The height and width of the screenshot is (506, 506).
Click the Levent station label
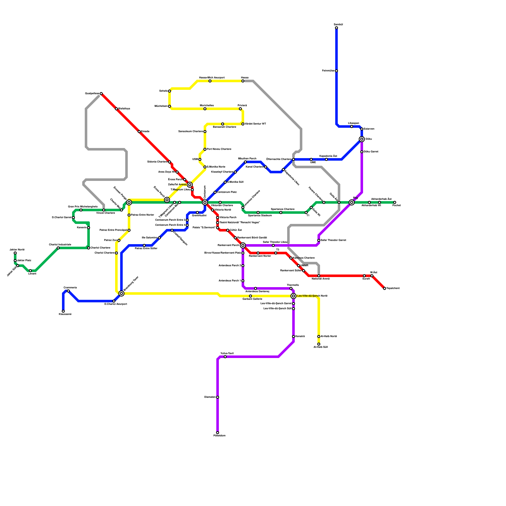pyautogui.click(x=32, y=274)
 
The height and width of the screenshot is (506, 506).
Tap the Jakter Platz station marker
pyautogui.click(x=15, y=261)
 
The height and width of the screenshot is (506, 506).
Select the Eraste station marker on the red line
pyautogui.click(x=139, y=132)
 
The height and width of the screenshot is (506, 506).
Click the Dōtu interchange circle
pyautogui.click(x=362, y=139)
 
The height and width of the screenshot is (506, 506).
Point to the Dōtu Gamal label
pyautogui.click(x=371, y=152)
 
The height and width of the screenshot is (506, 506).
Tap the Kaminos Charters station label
pyautogui.click(x=304, y=258)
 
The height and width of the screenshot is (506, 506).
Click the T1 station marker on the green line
pyautogui.click(x=306, y=213)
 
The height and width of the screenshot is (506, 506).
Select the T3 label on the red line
pyautogui.click(x=278, y=250)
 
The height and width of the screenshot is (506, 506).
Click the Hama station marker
pyautogui.click(x=243, y=81)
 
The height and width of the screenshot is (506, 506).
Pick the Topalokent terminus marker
pyautogui.click(x=385, y=288)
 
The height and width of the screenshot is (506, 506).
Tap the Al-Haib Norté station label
pyautogui.click(x=329, y=336)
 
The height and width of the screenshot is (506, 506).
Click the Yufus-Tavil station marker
pyautogui.click(x=225, y=357)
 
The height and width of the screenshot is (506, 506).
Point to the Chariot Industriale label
pyautogui.click(x=60, y=244)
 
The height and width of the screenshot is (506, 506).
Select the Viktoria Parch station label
pyautogui.click(x=228, y=218)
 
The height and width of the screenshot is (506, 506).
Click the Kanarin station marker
pyautogui.click(x=89, y=228)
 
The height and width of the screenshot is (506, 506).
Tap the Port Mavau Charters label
pyautogui.click(x=219, y=149)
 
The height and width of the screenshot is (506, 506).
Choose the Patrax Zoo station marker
pyautogui.click(x=119, y=240)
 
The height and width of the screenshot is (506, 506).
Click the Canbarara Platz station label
pyautogui.click(x=227, y=192)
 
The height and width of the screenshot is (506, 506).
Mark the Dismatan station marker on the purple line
pyautogui.click(x=218, y=397)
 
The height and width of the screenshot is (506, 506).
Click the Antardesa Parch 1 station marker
pyautogui.click(x=243, y=281)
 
